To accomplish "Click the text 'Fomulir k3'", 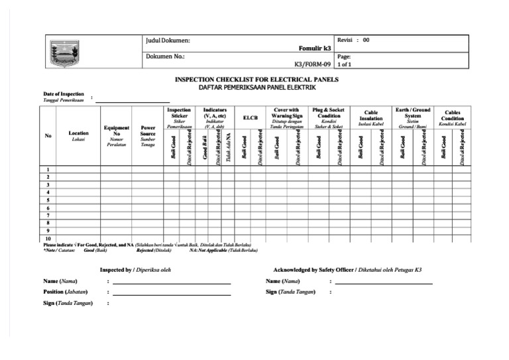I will coord(317,48).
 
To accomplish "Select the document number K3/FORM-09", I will coord(311,65).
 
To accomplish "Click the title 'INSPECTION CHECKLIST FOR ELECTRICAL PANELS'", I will coord(256,80).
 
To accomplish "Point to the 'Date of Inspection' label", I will coord(64,94).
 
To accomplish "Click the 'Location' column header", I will coord(78,133).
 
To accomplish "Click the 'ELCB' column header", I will coord(250,117).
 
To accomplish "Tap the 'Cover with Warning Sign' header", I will coord(286,113).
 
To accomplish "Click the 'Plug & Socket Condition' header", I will coord(329,113).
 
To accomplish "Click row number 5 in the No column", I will coord(48,200).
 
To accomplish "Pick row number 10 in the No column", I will coord(48,238).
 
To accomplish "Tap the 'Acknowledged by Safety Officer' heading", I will coord(321,270).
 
